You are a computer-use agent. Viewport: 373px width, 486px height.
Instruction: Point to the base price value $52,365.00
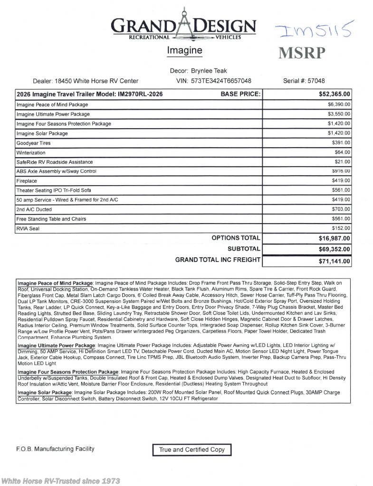(x=335, y=94)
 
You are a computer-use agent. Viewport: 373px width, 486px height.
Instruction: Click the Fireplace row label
(x=27, y=181)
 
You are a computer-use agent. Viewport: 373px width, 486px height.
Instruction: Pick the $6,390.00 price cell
(x=339, y=104)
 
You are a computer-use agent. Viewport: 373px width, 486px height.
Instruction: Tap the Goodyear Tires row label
(x=33, y=143)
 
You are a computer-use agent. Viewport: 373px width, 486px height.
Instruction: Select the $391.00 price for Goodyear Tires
(x=341, y=143)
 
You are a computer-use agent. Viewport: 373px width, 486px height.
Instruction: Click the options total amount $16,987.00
(x=335, y=238)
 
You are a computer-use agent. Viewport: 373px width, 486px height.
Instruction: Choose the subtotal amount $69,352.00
(x=335, y=249)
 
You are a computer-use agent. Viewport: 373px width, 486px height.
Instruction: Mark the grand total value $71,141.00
(x=335, y=261)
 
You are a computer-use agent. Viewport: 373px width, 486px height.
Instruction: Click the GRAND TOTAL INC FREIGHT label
(x=218, y=260)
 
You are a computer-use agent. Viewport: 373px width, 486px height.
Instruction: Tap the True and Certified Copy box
(x=191, y=449)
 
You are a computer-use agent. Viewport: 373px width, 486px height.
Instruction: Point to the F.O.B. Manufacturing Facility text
(x=55, y=449)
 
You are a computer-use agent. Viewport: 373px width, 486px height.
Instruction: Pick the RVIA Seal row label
(x=28, y=228)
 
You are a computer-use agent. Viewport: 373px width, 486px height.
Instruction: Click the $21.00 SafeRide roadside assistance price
(x=342, y=162)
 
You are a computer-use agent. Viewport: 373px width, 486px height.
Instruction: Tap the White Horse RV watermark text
(x=60, y=480)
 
